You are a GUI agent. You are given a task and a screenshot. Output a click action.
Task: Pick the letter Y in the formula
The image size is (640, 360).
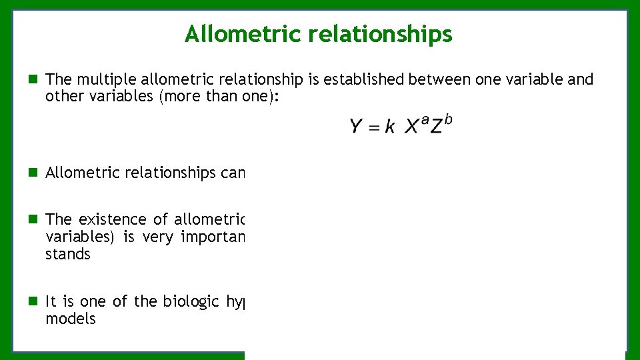tap(357, 126)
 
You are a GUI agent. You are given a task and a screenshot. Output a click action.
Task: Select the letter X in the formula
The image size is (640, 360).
tap(412, 126)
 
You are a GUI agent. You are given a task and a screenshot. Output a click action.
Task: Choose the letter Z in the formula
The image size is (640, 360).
tap(436, 127)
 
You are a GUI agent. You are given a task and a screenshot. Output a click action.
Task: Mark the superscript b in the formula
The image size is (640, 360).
tap(448, 119)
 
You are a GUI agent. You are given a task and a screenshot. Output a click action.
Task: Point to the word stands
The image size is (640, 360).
tap(67, 254)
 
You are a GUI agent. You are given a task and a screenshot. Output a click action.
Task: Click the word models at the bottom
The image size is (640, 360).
tap(70, 319)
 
